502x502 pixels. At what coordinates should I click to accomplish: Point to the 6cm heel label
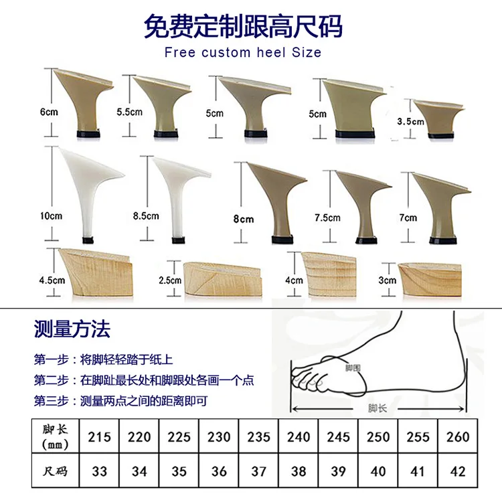[x=49, y=112]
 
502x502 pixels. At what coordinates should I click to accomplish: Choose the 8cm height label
[x=244, y=219]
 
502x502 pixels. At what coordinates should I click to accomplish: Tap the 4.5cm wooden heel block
[x=96, y=270]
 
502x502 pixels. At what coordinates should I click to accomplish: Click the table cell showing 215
[x=99, y=436]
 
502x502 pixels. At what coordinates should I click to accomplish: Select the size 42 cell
[x=457, y=471]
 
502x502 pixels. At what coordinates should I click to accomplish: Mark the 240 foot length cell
[x=299, y=436]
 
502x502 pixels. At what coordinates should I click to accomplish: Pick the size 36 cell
[x=219, y=471]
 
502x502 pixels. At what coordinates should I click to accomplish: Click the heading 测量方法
[x=72, y=329]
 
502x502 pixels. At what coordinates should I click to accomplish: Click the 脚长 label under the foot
[x=378, y=408]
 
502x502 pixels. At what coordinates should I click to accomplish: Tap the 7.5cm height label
[x=328, y=218]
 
